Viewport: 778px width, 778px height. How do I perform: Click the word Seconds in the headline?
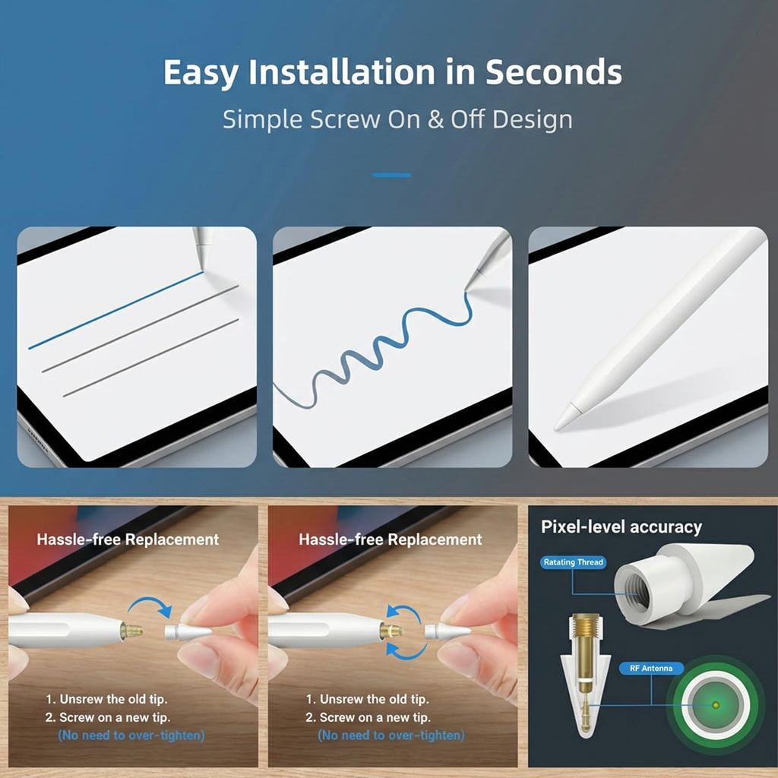553,72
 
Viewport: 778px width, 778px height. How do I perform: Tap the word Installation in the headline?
342,72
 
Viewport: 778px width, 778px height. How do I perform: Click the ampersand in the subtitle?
435,119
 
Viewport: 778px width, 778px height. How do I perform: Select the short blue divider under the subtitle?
391,176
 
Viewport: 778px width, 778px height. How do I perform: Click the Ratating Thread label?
573,562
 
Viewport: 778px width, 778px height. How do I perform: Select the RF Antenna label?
651,669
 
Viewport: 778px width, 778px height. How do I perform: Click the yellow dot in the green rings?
716,704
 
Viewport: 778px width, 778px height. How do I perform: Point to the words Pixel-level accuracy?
621,527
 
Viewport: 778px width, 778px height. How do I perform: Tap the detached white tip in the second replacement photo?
448,631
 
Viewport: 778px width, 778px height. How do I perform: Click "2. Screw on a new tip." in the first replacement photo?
108,717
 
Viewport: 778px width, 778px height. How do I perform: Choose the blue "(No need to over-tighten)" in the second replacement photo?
391,735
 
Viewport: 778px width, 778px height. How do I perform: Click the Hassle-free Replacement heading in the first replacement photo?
128,539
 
